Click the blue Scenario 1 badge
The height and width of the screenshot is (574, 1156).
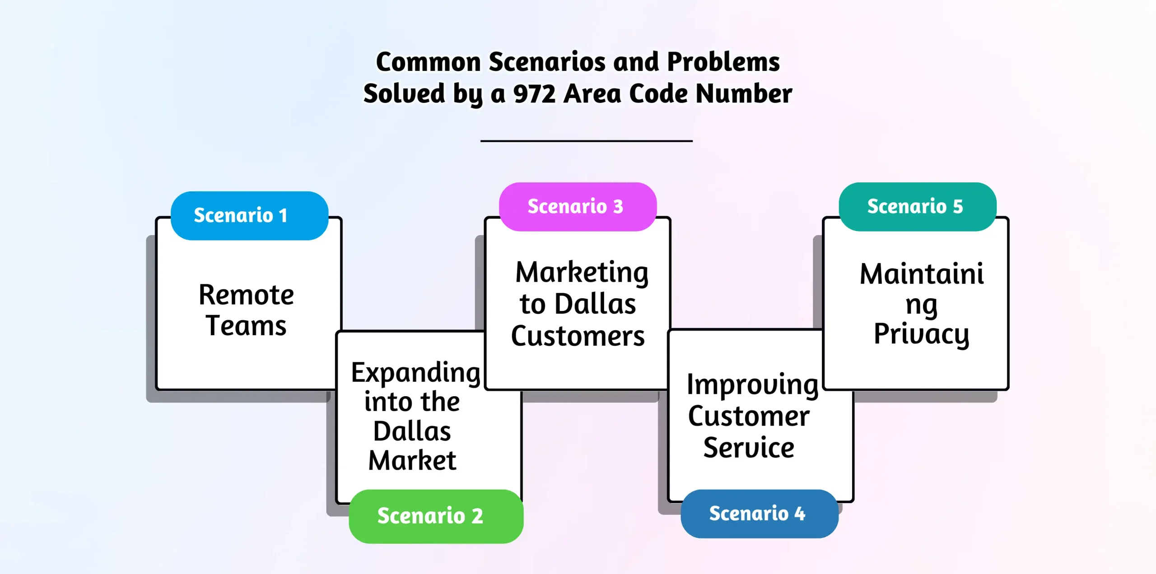point(249,216)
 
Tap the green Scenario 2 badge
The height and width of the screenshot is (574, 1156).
point(436,516)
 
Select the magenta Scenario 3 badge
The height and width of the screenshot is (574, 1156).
point(578,207)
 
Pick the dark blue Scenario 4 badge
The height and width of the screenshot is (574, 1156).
point(759,514)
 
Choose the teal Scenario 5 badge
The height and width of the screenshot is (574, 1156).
point(917,207)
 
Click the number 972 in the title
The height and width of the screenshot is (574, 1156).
point(534,94)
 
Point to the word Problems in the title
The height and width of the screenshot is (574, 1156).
point(723,62)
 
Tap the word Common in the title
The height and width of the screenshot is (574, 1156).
point(428,62)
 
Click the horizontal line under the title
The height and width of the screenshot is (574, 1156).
point(586,141)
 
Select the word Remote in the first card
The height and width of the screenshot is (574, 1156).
point(246,295)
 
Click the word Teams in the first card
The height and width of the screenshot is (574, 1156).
point(246,326)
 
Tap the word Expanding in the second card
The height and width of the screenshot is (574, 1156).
point(415,373)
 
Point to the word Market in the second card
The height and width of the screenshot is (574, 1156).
point(412,461)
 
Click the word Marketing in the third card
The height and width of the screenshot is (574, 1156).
point(582,273)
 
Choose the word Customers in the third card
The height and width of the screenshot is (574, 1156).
point(578,336)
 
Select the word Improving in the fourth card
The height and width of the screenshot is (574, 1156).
point(753,385)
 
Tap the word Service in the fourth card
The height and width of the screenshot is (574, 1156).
point(749,448)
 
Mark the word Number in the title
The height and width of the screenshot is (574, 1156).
point(744,94)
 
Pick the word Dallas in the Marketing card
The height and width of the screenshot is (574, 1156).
point(595,304)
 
